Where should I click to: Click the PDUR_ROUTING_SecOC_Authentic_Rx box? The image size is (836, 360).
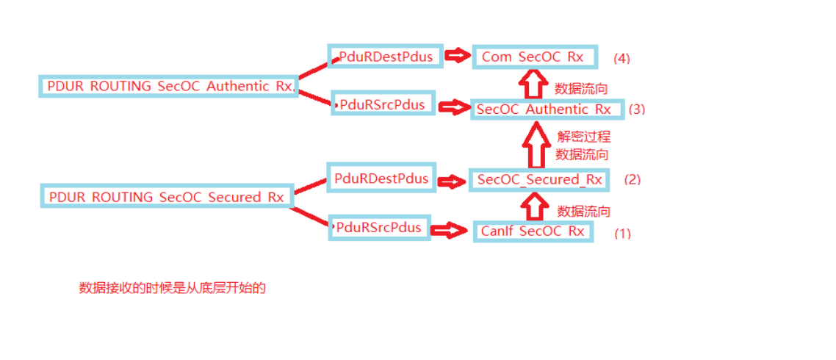(x=168, y=86)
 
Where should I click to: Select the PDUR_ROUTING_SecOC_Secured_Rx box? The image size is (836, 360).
(x=166, y=197)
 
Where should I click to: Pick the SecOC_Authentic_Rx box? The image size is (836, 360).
(x=546, y=109)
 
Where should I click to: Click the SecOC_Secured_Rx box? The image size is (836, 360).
(x=539, y=179)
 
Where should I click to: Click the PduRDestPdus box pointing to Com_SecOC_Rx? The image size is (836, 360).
(x=385, y=56)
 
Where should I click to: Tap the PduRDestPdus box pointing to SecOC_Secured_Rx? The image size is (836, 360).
(x=381, y=179)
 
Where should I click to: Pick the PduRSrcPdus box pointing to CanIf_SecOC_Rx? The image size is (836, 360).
(x=379, y=228)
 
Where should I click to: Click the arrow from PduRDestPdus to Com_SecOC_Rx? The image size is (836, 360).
(x=458, y=56)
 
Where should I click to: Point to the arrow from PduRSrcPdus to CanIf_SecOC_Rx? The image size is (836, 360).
(x=450, y=231)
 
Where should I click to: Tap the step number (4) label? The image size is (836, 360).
(x=621, y=57)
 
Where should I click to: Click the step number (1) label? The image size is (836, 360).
(x=622, y=234)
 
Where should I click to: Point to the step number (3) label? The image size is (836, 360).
(x=636, y=109)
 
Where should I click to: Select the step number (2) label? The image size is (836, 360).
(x=632, y=179)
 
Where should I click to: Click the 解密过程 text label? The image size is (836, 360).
(x=583, y=137)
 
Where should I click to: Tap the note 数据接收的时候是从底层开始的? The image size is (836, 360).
(x=172, y=288)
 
